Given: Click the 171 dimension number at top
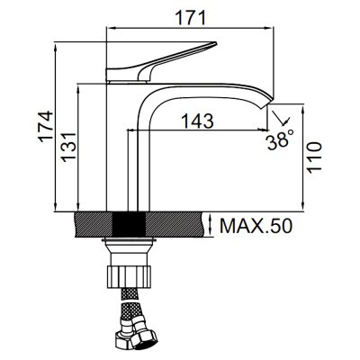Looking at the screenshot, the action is (191, 17).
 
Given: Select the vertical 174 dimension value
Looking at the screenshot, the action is (46, 126).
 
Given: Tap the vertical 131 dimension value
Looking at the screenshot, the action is (68, 147).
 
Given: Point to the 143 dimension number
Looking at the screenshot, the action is (198, 121).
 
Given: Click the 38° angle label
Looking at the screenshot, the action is (280, 140).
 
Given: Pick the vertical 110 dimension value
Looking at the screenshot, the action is (314, 157).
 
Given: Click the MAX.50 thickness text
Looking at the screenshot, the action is (256, 226).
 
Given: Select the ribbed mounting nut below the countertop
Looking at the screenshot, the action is (129, 276).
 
